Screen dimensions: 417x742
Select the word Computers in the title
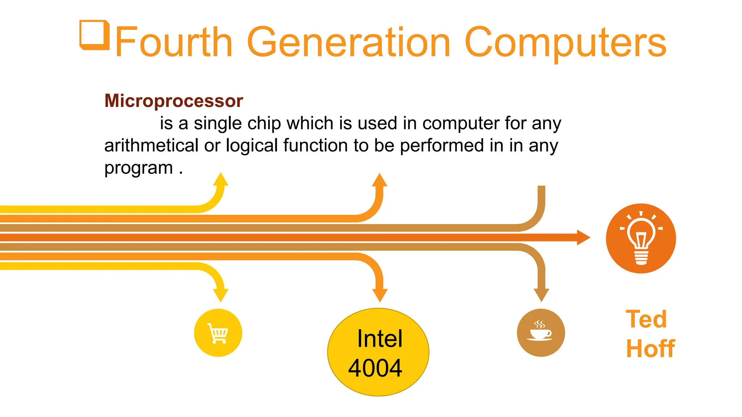pyautogui.click(x=565, y=43)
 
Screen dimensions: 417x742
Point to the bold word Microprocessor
pyautogui.click(x=174, y=101)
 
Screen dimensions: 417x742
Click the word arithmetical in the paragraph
pyautogui.click(x=151, y=146)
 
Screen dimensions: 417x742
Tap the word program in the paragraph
pyautogui.click(x=138, y=168)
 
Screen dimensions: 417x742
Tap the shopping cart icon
pyautogui.click(x=218, y=333)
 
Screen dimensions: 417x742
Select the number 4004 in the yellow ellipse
pyautogui.click(x=375, y=368)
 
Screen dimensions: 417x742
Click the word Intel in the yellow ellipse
pyautogui.click(x=379, y=339)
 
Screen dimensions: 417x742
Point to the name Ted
pyautogui.click(x=646, y=319)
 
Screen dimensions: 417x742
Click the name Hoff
pyautogui.click(x=650, y=349)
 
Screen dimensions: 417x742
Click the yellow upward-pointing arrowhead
pyautogui.click(x=221, y=180)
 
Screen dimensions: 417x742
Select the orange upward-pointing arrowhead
pyautogui.click(x=380, y=180)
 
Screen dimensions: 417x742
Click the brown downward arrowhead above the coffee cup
pyautogui.click(x=541, y=294)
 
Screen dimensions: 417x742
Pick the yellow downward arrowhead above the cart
pyautogui.click(x=221, y=295)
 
